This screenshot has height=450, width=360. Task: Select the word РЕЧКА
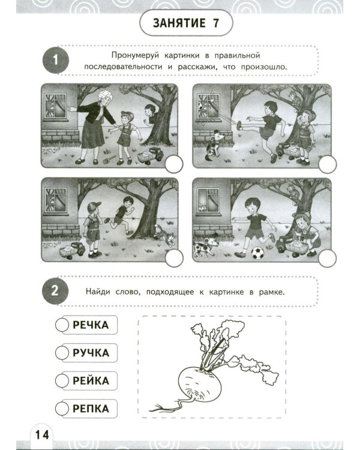click(91, 325)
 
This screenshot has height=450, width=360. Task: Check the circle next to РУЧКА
click(62, 353)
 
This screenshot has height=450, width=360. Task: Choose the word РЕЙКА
click(91, 381)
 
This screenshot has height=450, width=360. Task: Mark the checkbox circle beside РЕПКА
click(62, 409)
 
